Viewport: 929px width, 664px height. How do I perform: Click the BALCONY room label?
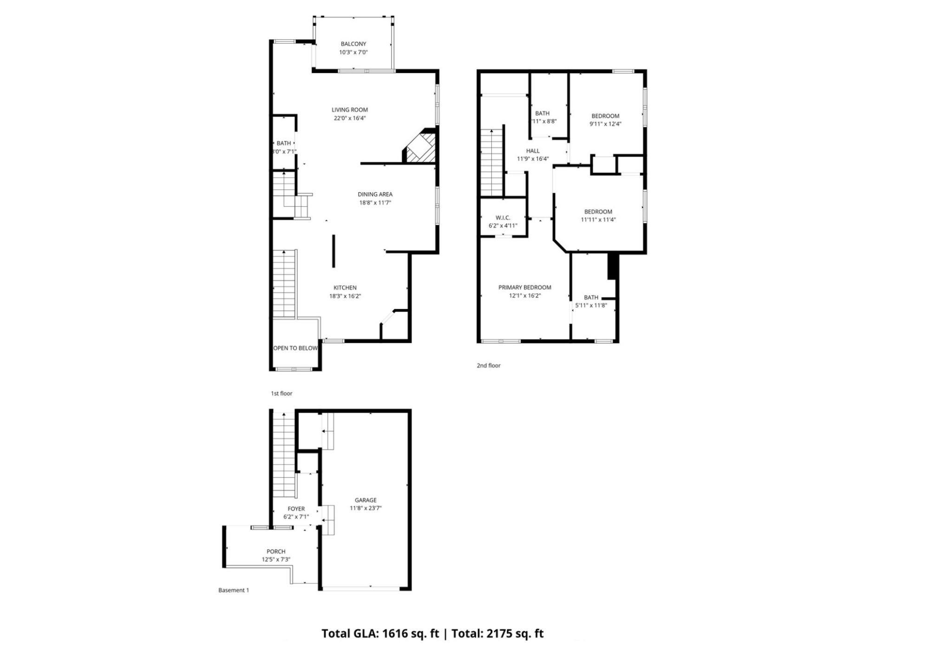[353, 44]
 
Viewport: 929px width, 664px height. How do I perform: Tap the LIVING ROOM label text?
[349, 110]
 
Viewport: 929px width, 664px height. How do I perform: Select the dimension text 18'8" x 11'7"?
[375, 203]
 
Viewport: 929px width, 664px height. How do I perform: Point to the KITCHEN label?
[345, 288]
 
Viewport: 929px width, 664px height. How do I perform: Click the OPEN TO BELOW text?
[295, 348]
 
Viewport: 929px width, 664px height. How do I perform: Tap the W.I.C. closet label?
[503, 217]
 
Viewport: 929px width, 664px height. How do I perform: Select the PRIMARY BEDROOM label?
[524, 287]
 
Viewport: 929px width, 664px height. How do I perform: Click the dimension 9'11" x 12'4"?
[605, 124]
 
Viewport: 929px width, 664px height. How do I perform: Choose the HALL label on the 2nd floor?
[533, 151]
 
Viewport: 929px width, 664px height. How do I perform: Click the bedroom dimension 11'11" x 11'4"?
[598, 220]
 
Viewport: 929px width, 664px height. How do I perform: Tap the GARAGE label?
[366, 500]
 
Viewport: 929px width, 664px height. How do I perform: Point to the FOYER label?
[296, 509]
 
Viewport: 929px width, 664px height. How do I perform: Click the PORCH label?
[276, 552]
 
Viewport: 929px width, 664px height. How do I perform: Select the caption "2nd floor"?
[489, 366]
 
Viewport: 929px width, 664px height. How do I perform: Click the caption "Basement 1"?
[234, 590]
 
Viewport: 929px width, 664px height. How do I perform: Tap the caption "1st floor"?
[281, 394]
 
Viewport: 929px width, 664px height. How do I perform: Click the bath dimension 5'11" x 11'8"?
[591, 305]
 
